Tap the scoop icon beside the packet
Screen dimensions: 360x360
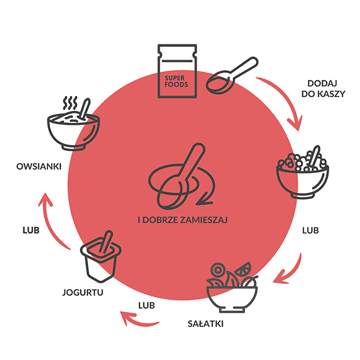[x=231, y=76]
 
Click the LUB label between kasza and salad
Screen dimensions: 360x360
[x=310, y=230]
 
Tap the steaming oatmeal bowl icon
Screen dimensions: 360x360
[x=73, y=123]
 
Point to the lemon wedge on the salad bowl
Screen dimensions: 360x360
[x=245, y=268]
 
